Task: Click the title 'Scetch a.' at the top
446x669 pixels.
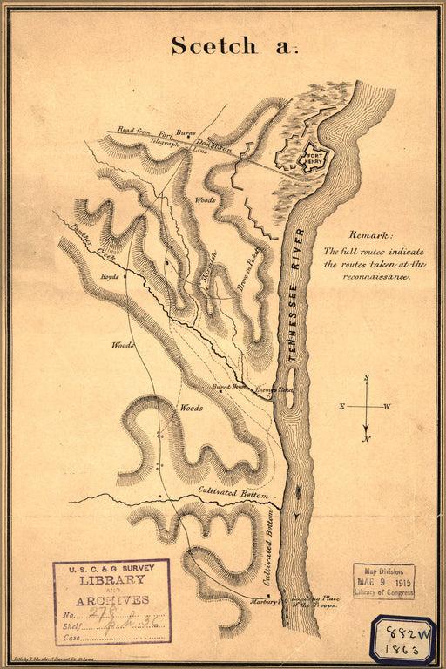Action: [x=233, y=46]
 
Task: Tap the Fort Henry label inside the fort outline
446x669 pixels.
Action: [x=311, y=159]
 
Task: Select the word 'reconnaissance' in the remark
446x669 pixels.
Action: [x=375, y=276]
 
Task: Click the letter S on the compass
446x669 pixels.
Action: [x=367, y=378]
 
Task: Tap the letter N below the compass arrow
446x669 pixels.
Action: [x=367, y=438]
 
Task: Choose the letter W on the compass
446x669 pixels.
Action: [x=388, y=407]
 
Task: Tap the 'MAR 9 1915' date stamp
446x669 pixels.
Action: [x=383, y=582]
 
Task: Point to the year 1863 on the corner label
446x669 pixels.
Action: [x=402, y=650]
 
